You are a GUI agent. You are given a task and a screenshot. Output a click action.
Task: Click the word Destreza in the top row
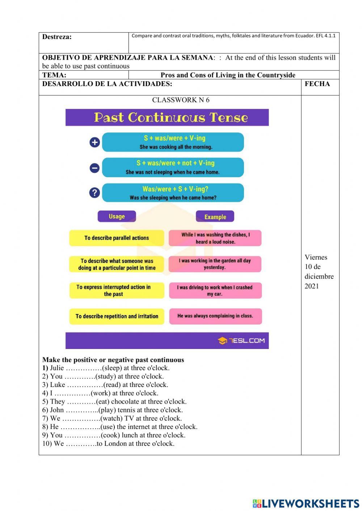coord(57,37)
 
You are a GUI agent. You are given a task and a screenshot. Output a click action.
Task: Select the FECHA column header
coord(317,84)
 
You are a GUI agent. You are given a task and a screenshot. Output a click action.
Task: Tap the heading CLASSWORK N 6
coord(181,100)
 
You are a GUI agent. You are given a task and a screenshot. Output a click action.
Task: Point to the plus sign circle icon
coord(94,142)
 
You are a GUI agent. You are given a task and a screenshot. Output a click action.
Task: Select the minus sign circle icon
coord(94,168)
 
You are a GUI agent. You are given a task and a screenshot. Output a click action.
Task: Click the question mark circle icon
coord(94,193)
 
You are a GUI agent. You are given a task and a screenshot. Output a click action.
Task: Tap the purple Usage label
coord(117,217)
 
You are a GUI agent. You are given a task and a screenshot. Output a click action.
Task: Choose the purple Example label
coord(215,217)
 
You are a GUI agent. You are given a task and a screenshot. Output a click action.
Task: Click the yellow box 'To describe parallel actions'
coord(117,238)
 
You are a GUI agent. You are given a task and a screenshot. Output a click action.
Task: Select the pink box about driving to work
coord(215,291)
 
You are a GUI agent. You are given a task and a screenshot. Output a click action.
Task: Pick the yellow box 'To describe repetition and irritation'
coord(117,316)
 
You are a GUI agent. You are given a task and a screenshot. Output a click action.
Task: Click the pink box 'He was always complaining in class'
coord(215,316)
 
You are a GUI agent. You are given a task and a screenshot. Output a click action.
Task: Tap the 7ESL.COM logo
coord(241,341)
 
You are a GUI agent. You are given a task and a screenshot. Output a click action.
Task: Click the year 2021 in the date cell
coord(312,286)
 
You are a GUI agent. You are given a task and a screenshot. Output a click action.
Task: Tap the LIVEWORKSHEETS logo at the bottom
coord(306,503)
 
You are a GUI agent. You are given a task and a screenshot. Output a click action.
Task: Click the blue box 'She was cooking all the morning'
coord(173,142)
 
